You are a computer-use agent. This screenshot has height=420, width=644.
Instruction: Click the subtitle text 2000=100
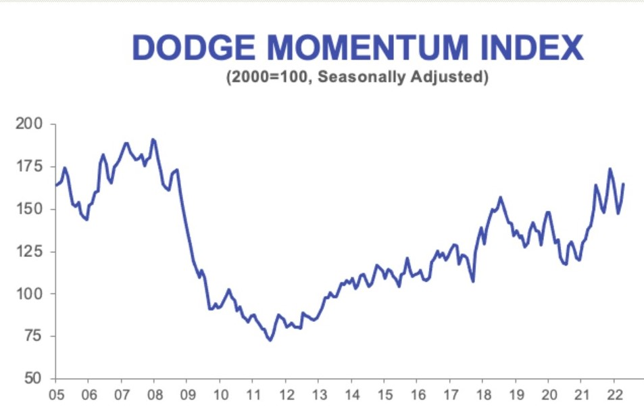point(269,77)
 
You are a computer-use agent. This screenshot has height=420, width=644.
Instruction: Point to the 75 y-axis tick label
point(32,336)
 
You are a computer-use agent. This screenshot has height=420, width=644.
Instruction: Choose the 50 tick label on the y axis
point(32,378)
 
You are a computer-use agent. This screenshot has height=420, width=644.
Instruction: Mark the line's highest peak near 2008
point(153,139)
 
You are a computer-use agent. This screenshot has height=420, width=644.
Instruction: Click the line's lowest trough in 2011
point(270,340)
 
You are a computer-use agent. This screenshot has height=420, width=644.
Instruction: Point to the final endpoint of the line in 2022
point(623,183)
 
